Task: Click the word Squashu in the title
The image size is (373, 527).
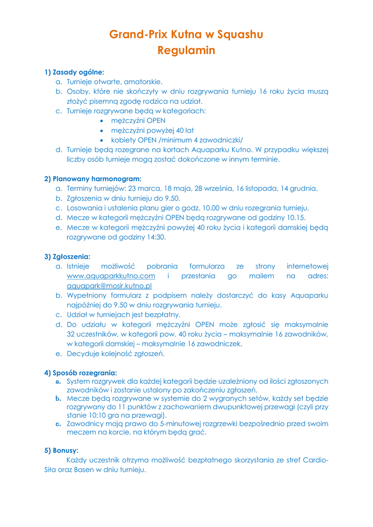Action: tap(240, 34)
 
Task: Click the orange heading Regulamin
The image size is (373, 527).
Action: tap(186, 50)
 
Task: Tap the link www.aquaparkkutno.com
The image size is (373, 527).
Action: tap(111, 276)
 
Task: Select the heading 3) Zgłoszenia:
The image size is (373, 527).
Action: tap(67, 256)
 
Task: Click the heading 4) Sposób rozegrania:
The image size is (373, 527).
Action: tap(81, 372)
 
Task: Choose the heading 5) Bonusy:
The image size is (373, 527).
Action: tap(61, 450)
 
